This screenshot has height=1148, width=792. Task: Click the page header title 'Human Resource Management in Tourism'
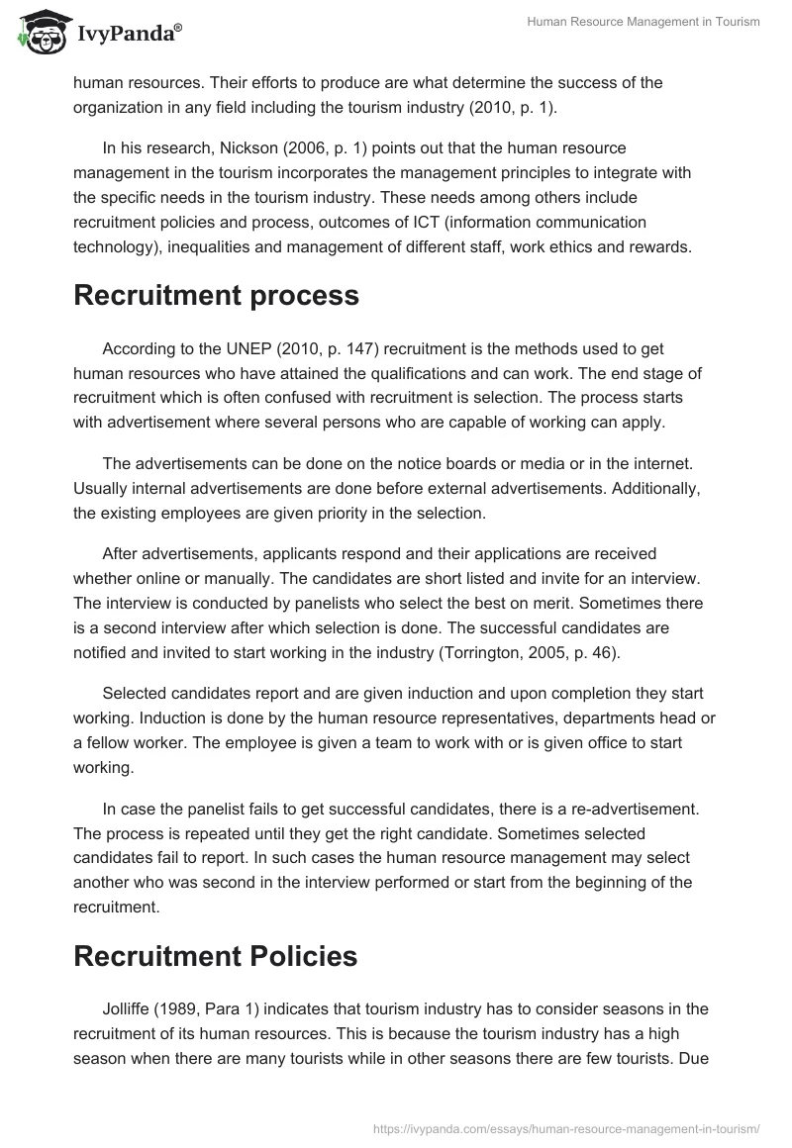[643, 23]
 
